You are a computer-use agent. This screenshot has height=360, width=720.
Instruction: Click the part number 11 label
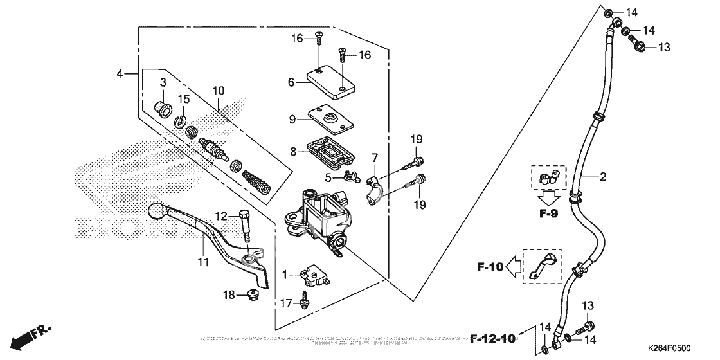[204, 262]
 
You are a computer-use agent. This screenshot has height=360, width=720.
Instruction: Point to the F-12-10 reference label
[493, 338]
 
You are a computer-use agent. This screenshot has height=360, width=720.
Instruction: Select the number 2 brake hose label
[603, 175]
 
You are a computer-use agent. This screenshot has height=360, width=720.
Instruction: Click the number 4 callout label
[120, 74]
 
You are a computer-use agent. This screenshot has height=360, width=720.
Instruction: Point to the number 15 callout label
[184, 98]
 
